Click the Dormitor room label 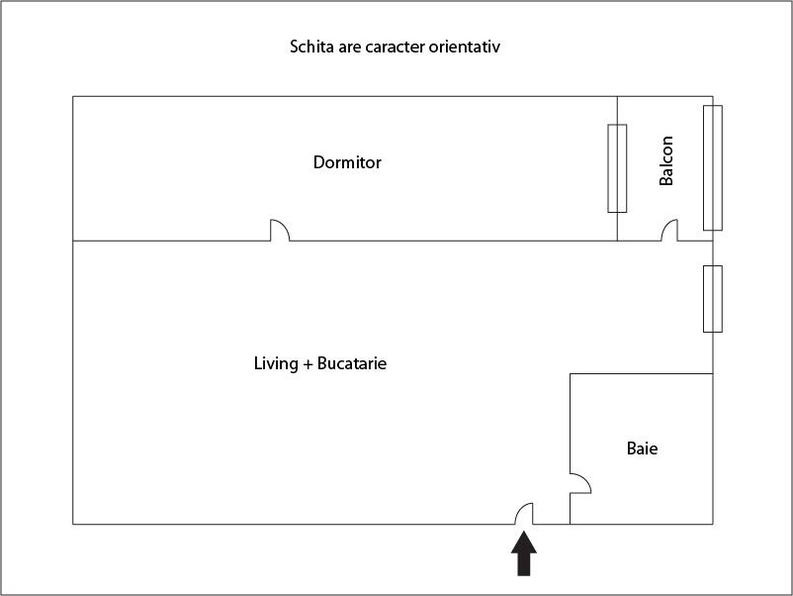(x=347, y=162)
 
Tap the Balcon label (x=666, y=160)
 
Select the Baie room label (x=643, y=448)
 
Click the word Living (x=276, y=364)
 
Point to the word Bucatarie (x=352, y=363)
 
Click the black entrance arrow (x=524, y=553)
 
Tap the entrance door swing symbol (x=524, y=514)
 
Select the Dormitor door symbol (x=280, y=230)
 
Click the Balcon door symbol (x=669, y=230)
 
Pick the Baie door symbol (x=580, y=483)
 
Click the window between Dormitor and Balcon (x=617, y=168)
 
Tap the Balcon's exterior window (x=713, y=167)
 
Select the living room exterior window (x=713, y=299)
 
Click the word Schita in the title (x=305, y=47)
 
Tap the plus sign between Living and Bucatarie (x=308, y=364)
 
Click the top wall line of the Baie (x=642, y=373)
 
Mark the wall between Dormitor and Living (x=345, y=241)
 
